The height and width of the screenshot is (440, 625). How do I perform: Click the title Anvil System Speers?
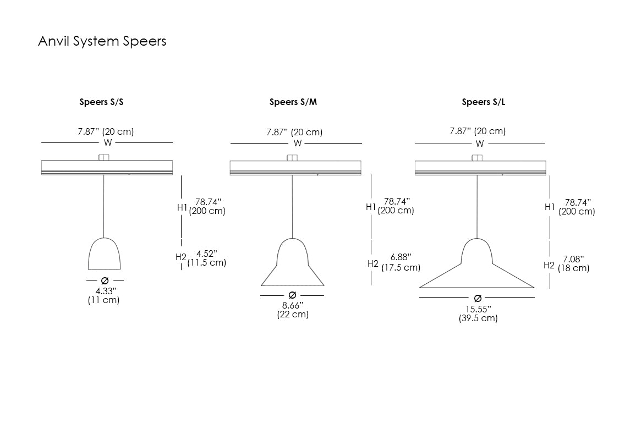[102, 41]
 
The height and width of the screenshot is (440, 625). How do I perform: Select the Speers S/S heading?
[101, 102]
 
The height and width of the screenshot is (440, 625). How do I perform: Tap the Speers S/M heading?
[293, 102]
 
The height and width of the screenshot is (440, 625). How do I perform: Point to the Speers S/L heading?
[484, 102]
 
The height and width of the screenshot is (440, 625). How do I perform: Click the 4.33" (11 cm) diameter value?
[103, 295]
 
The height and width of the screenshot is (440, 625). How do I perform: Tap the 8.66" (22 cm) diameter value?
[293, 310]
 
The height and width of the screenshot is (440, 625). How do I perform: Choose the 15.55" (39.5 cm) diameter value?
[478, 313]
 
